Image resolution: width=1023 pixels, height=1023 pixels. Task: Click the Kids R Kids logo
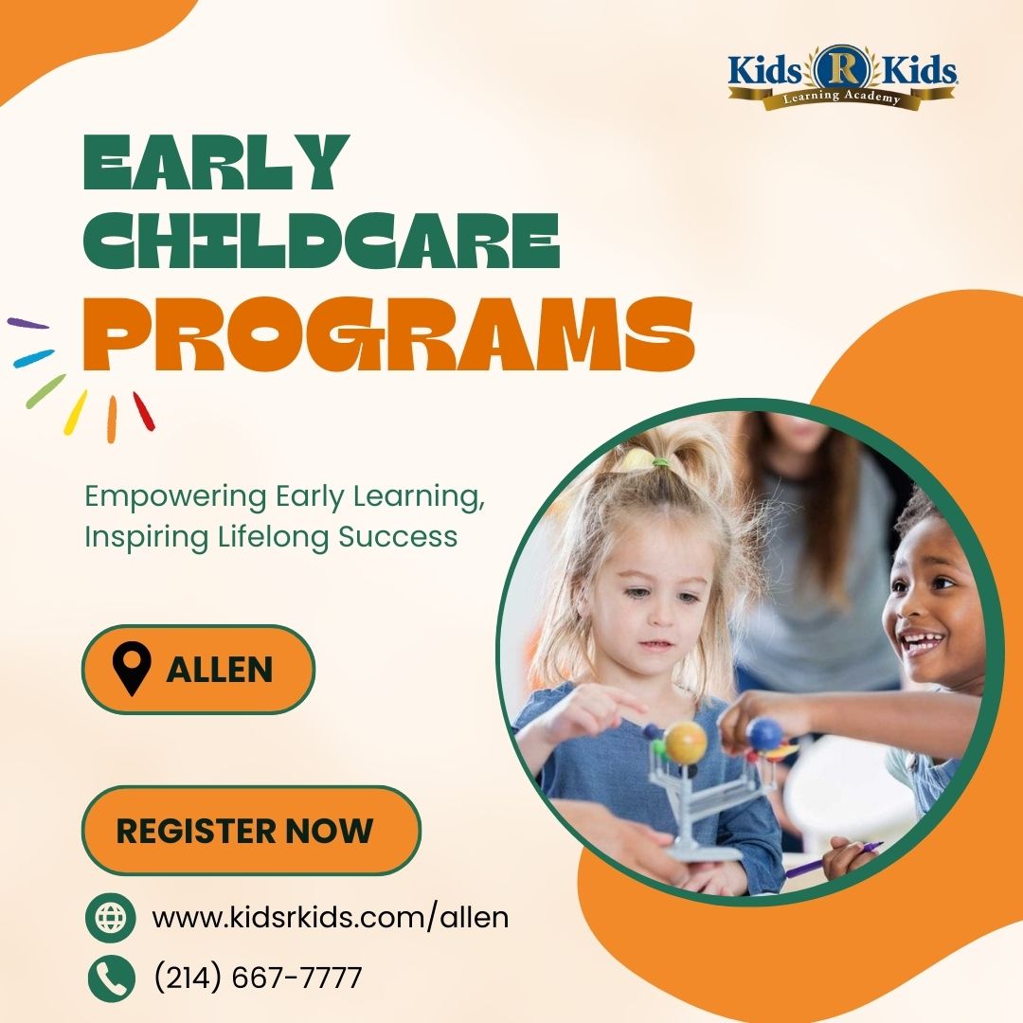point(842,77)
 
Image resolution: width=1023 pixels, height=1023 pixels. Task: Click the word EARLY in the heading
point(217,163)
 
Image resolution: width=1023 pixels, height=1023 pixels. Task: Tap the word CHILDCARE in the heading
point(322,241)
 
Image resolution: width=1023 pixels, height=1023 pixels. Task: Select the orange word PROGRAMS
point(388,334)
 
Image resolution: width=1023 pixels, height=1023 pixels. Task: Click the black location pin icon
point(131,669)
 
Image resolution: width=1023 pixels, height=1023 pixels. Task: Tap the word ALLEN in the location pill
point(219,670)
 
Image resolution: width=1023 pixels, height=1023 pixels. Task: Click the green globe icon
point(110,917)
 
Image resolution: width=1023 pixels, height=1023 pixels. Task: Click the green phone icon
point(111,978)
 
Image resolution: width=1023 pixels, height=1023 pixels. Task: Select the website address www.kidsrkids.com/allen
point(331,917)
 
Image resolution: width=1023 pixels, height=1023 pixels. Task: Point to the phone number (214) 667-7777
point(258,978)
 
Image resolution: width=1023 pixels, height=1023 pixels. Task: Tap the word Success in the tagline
point(397,537)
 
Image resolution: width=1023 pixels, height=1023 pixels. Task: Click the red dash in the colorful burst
point(144,411)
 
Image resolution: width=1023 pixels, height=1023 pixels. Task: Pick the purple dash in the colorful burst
point(27,323)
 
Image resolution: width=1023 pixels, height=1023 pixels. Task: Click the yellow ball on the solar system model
point(685,742)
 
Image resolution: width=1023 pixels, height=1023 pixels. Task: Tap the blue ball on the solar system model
point(764,734)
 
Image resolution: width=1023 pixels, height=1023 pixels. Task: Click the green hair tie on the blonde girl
point(661,462)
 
